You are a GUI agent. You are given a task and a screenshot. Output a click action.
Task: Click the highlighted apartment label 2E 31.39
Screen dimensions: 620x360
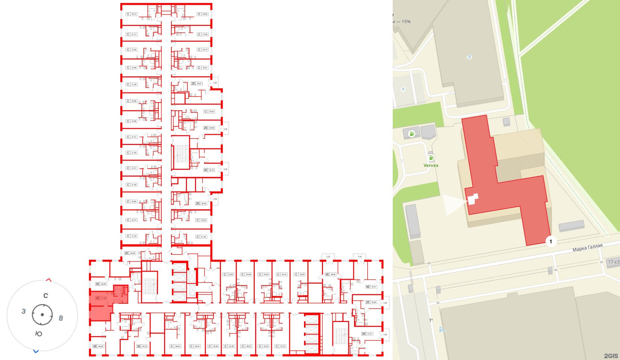pyautogui.click(x=101, y=298)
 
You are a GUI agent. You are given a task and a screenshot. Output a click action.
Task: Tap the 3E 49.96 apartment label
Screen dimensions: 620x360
pyautogui.click(x=330, y=274)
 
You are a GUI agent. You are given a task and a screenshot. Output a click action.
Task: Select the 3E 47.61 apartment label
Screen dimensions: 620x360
pyautogui.click(x=371, y=287)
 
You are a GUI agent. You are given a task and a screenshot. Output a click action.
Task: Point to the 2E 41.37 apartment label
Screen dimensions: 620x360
pyautogui.click(x=367, y=334)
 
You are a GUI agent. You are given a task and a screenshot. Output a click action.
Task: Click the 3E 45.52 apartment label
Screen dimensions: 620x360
pyautogui.click(x=142, y=346)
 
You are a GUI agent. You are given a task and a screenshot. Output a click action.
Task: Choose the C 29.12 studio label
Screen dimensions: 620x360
pyautogui.click(x=132, y=14)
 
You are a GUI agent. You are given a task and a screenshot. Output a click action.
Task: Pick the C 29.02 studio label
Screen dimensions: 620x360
pyautogui.click(x=203, y=14)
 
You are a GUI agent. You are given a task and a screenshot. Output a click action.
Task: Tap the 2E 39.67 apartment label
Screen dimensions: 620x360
pyautogui.click(x=196, y=83)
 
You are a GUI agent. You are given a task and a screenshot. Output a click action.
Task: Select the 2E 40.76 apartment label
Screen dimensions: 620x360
pyautogui.click(x=209, y=170)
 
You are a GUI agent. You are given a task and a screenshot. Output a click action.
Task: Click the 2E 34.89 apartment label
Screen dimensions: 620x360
pyautogui.click(x=130, y=253)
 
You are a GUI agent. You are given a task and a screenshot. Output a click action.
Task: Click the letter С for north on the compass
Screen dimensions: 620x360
pyautogui.click(x=46, y=296)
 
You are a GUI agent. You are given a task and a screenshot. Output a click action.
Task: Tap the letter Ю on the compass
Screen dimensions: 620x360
pyautogui.click(x=38, y=334)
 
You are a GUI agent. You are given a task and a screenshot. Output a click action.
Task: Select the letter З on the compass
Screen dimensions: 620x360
pyautogui.click(x=23, y=311)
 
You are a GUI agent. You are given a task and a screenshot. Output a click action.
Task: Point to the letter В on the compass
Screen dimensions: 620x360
pyautogui.click(x=61, y=318)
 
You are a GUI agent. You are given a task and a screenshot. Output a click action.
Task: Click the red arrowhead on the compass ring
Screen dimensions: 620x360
pyautogui.click(x=49, y=280)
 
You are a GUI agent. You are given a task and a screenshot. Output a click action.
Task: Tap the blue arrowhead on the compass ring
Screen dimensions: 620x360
pyautogui.click(x=36, y=351)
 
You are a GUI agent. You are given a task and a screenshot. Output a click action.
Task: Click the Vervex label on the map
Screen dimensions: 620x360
pyautogui.click(x=431, y=165)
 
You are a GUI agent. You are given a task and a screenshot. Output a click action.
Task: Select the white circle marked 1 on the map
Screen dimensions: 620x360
pyautogui.click(x=551, y=241)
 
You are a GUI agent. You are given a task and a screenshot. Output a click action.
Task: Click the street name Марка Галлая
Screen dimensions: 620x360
pyautogui.click(x=587, y=247)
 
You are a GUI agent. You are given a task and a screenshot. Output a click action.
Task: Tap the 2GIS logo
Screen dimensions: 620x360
pyautogui.click(x=611, y=356)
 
